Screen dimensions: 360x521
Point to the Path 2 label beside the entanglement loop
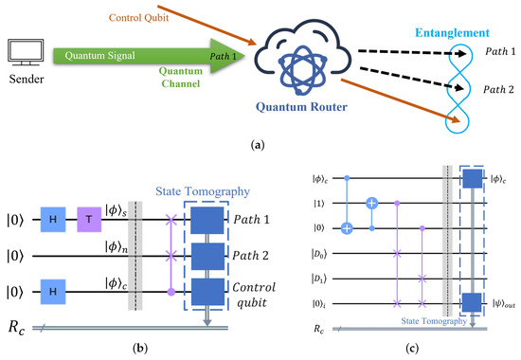tap(496, 88)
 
